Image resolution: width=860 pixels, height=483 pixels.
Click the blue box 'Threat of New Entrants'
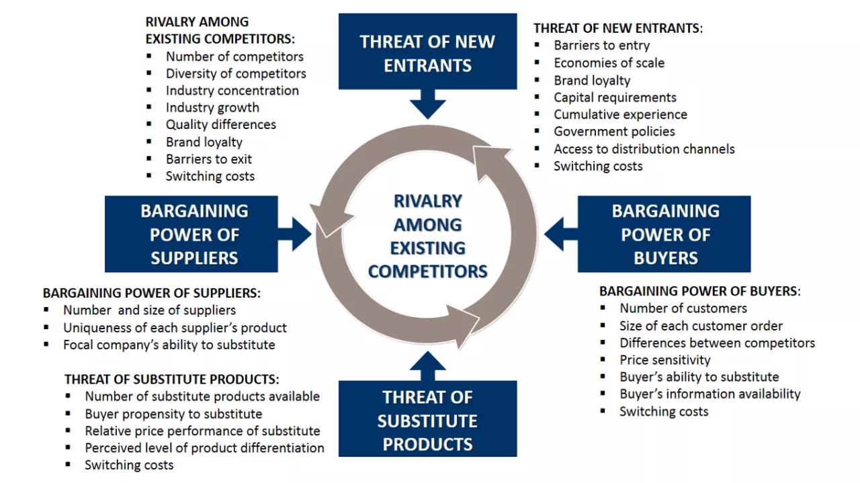tap(428, 52)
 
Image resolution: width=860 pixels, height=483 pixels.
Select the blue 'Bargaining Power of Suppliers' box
tap(191, 234)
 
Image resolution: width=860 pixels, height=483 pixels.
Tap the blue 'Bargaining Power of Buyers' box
tap(664, 234)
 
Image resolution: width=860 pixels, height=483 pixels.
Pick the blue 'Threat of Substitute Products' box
tap(428, 419)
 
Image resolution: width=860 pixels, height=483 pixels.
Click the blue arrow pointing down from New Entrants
tap(428, 104)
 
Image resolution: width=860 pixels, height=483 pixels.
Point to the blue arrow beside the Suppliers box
tap(295, 234)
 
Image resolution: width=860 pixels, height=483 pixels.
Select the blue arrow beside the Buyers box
tap(561, 234)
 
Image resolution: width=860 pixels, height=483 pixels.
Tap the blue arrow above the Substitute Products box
tap(428, 365)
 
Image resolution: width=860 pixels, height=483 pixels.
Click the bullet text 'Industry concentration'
tap(232, 91)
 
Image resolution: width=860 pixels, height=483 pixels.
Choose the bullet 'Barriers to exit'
tap(209, 159)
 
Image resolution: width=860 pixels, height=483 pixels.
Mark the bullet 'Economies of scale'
tap(609, 62)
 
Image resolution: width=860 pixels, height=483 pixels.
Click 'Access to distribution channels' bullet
tap(644, 149)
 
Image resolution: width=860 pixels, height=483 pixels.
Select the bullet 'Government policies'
tap(614, 131)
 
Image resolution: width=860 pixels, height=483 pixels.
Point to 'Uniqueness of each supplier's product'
tap(175, 328)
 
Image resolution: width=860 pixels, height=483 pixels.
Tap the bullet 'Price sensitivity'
tap(665, 360)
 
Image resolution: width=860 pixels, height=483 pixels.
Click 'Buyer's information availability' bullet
tap(710, 394)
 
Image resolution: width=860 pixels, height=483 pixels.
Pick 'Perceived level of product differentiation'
tap(205, 448)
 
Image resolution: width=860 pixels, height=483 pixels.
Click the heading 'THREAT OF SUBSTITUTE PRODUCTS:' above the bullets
tap(171, 380)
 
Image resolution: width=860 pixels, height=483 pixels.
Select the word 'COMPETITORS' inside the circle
tap(428, 271)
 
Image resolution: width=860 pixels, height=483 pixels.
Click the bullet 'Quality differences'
tap(221, 125)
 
